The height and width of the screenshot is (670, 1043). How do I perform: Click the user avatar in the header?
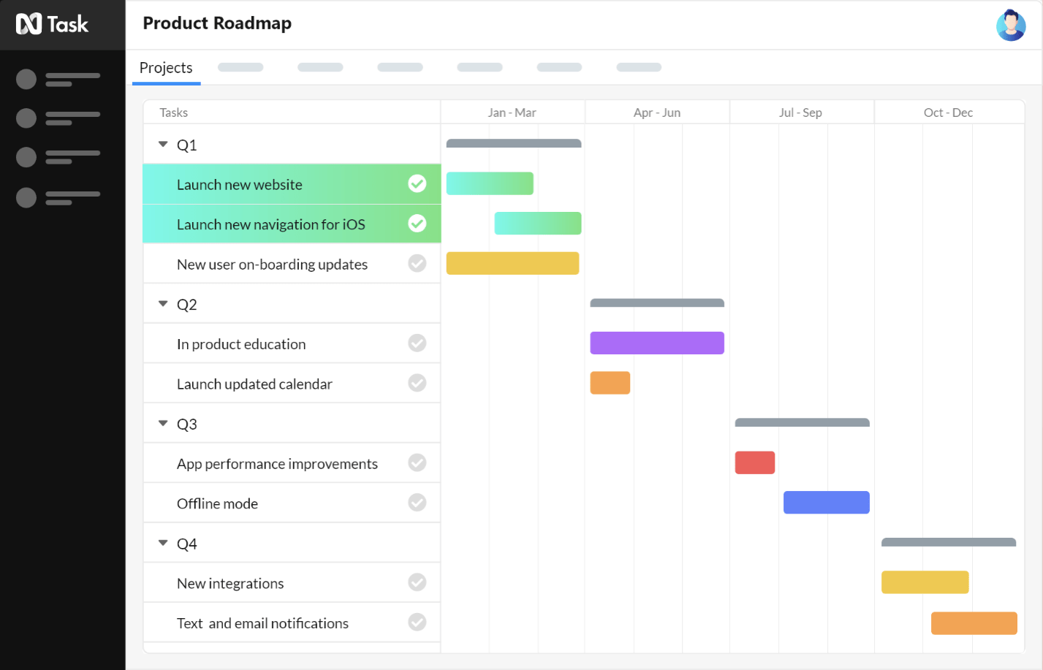[1011, 25]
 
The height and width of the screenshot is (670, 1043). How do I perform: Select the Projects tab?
[166, 68]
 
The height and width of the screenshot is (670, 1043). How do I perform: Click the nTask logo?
[52, 24]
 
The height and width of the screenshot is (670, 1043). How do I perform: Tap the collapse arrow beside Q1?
[163, 145]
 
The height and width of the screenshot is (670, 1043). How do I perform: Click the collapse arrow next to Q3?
[163, 424]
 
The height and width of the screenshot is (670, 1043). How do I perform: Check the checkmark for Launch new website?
[417, 183]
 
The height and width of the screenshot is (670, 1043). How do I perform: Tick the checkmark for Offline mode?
[417, 503]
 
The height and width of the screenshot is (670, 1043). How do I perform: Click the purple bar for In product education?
[657, 343]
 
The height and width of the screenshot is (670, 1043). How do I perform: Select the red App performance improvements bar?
[754, 462]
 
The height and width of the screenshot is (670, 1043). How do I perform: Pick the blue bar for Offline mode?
[826, 503]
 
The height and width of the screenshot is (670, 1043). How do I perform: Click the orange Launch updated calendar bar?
[610, 383]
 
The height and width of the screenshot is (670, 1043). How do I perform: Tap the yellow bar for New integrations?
[925, 582]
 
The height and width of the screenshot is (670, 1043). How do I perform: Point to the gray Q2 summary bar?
[657, 303]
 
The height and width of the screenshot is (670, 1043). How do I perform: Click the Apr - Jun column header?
[656, 113]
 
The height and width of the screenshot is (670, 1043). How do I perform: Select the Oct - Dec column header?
[948, 113]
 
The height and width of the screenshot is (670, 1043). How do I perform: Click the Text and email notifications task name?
[262, 623]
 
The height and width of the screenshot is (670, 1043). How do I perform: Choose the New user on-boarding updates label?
[272, 264]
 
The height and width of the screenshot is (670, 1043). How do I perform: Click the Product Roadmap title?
[217, 23]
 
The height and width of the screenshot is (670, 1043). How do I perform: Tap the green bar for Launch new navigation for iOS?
[538, 224]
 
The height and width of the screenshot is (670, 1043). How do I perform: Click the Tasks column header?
[174, 113]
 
